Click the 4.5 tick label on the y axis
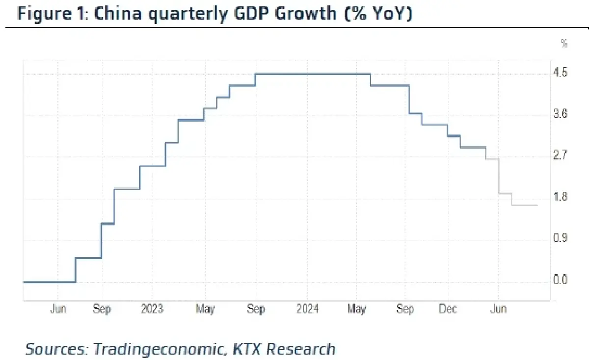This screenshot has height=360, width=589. coord(561,74)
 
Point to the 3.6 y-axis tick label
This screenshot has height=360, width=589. coord(561,115)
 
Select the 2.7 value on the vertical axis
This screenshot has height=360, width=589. coord(561,156)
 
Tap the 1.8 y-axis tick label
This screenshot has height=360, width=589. coord(561,198)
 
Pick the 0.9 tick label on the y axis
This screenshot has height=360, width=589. coord(561,239)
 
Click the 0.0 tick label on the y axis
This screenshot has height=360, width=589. coord(561,281)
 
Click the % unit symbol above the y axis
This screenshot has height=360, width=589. coord(564,44)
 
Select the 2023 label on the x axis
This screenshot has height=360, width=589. coord(152,309)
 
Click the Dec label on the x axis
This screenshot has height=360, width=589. coord(448,309)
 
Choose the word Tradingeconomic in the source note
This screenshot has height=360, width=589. coord(156,349)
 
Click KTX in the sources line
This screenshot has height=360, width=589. coord(245,349)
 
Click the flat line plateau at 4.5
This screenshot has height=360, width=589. coord(312,74)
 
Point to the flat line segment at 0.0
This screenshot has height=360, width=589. coord(49,282)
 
